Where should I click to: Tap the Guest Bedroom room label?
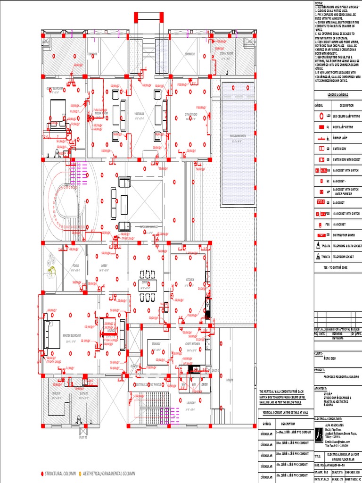tap(54, 88)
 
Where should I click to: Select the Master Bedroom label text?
tap(72, 335)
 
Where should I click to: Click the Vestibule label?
tap(139, 114)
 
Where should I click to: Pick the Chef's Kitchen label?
tap(192, 344)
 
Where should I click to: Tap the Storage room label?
tap(156, 344)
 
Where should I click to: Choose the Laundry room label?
tap(191, 402)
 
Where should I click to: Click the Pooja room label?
tap(75, 266)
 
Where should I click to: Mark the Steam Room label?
tap(226, 54)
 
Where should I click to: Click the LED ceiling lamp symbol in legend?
tap(321, 116)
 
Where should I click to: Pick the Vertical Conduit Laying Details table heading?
tap(285, 412)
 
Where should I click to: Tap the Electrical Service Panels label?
tap(149, 384)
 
